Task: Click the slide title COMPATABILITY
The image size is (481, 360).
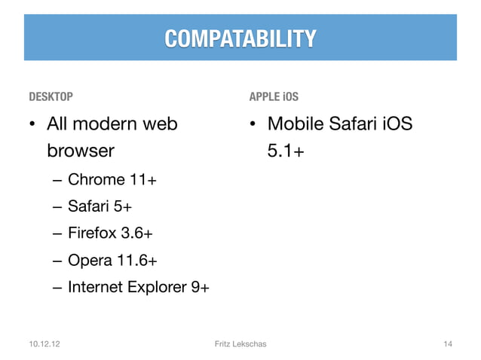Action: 240,38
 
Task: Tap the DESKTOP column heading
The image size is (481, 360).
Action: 51,97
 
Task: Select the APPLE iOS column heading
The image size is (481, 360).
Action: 274,97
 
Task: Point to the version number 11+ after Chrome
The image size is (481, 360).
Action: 143,179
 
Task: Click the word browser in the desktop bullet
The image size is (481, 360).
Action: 81,151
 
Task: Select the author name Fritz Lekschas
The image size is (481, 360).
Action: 240,344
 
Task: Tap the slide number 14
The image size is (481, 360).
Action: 447,344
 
